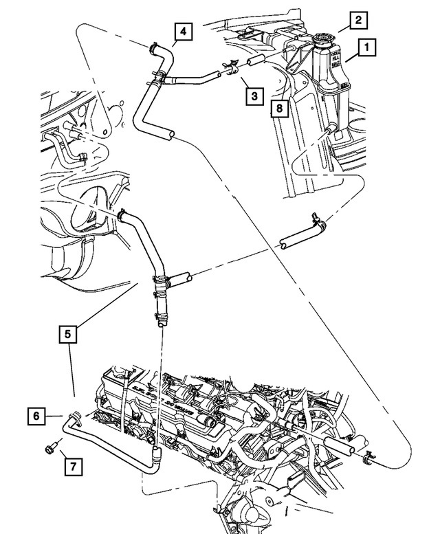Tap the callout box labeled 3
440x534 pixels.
point(254,96)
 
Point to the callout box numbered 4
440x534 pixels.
point(183,31)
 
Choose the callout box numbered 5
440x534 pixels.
point(67,335)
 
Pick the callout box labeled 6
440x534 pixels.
point(37,416)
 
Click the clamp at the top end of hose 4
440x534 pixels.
point(154,48)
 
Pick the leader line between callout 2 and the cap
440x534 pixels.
point(341,29)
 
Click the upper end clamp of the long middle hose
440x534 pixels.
point(122,214)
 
